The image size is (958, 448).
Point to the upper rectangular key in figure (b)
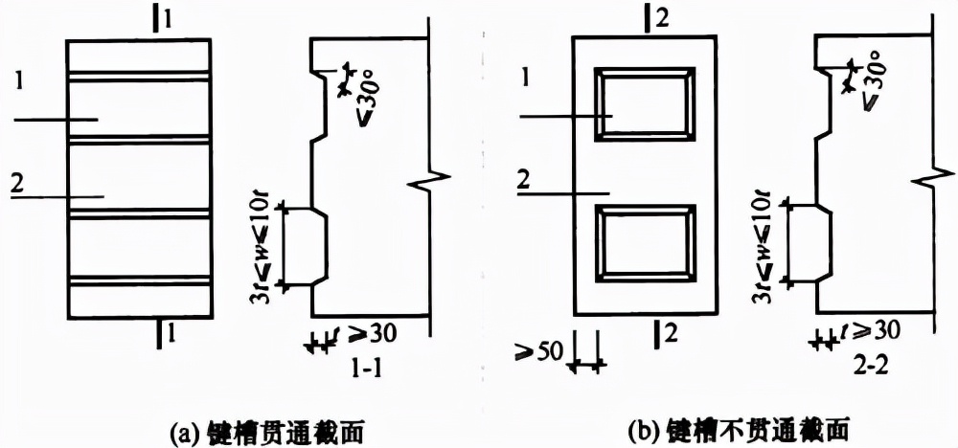[x=644, y=104]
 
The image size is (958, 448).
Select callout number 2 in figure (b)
[x=521, y=179]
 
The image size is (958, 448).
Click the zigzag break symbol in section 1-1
[x=426, y=180]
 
